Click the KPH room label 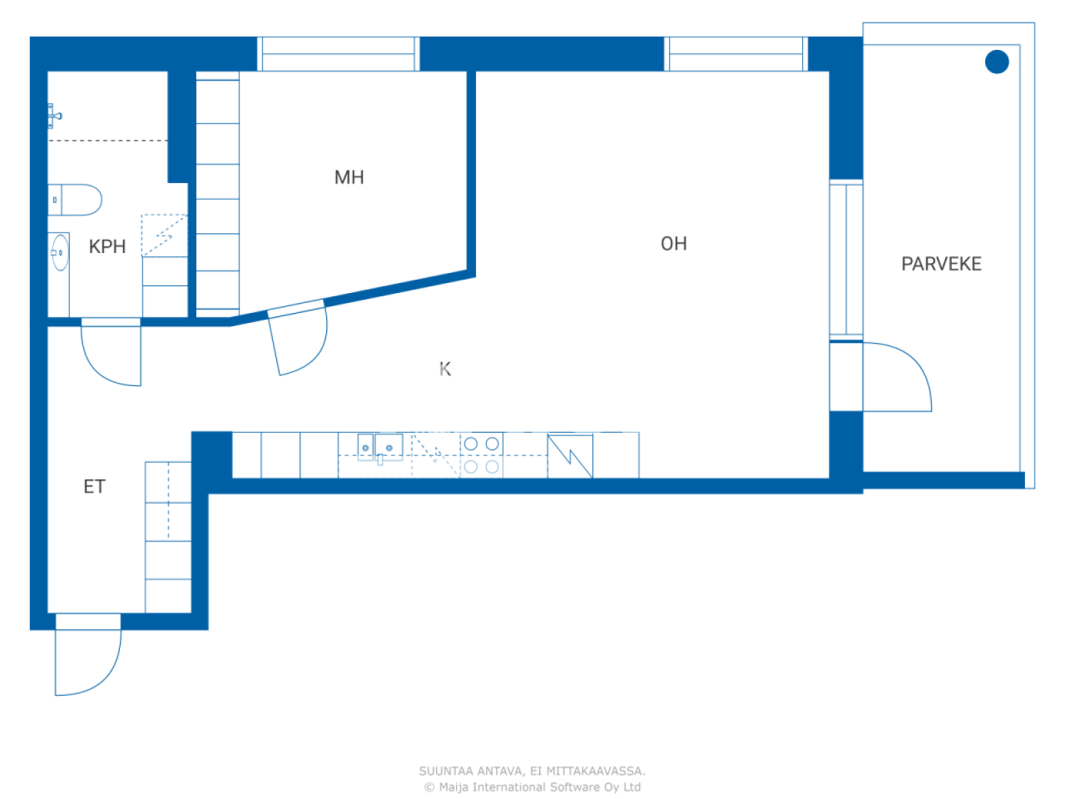tap(107, 246)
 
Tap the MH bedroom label tap(349, 177)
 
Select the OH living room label tap(673, 244)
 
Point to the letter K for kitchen tap(445, 369)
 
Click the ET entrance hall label tap(94, 487)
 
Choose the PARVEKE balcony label tap(941, 264)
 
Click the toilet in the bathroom tap(74, 200)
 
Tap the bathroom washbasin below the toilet tap(59, 252)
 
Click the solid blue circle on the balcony tap(996, 62)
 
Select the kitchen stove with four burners tap(482, 455)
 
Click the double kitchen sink tap(379, 447)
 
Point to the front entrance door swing tap(87, 662)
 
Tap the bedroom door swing tap(300, 341)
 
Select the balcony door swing tap(899, 379)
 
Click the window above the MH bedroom tap(337, 55)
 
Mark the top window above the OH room tap(736, 55)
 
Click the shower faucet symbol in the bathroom tap(53, 116)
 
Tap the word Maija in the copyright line tap(456, 787)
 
